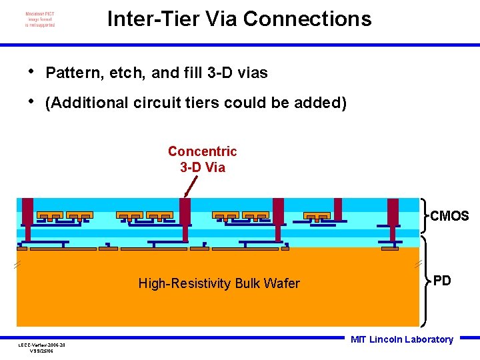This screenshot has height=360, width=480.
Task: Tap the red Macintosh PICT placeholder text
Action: (x=40, y=19)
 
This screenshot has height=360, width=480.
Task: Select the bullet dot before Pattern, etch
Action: (x=31, y=71)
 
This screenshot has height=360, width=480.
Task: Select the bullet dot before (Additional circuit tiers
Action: (x=31, y=101)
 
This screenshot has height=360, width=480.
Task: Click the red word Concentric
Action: (x=202, y=152)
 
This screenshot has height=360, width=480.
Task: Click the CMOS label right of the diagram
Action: (x=449, y=216)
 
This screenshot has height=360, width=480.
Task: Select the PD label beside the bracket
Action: (x=442, y=281)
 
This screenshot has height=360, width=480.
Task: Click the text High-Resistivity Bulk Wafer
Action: (x=219, y=283)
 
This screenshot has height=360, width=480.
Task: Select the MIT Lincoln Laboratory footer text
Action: (x=401, y=339)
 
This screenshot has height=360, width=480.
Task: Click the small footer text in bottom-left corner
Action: (x=42, y=347)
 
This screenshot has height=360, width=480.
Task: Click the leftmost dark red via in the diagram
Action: (x=27, y=212)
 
